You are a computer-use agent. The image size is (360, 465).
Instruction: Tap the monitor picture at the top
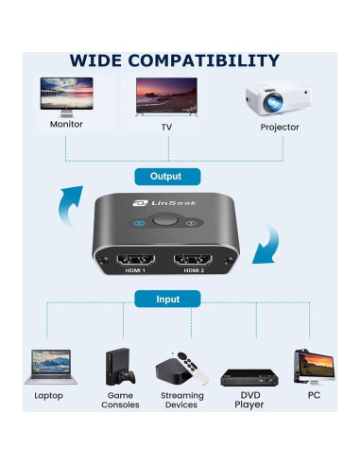pyautogui.click(x=66, y=95)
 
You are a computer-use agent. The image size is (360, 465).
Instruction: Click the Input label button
pyautogui.click(x=168, y=299)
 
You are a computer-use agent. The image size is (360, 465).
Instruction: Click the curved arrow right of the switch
pyautogui.click(x=272, y=243)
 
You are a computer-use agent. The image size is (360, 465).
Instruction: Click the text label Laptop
pyautogui.click(x=48, y=395)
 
